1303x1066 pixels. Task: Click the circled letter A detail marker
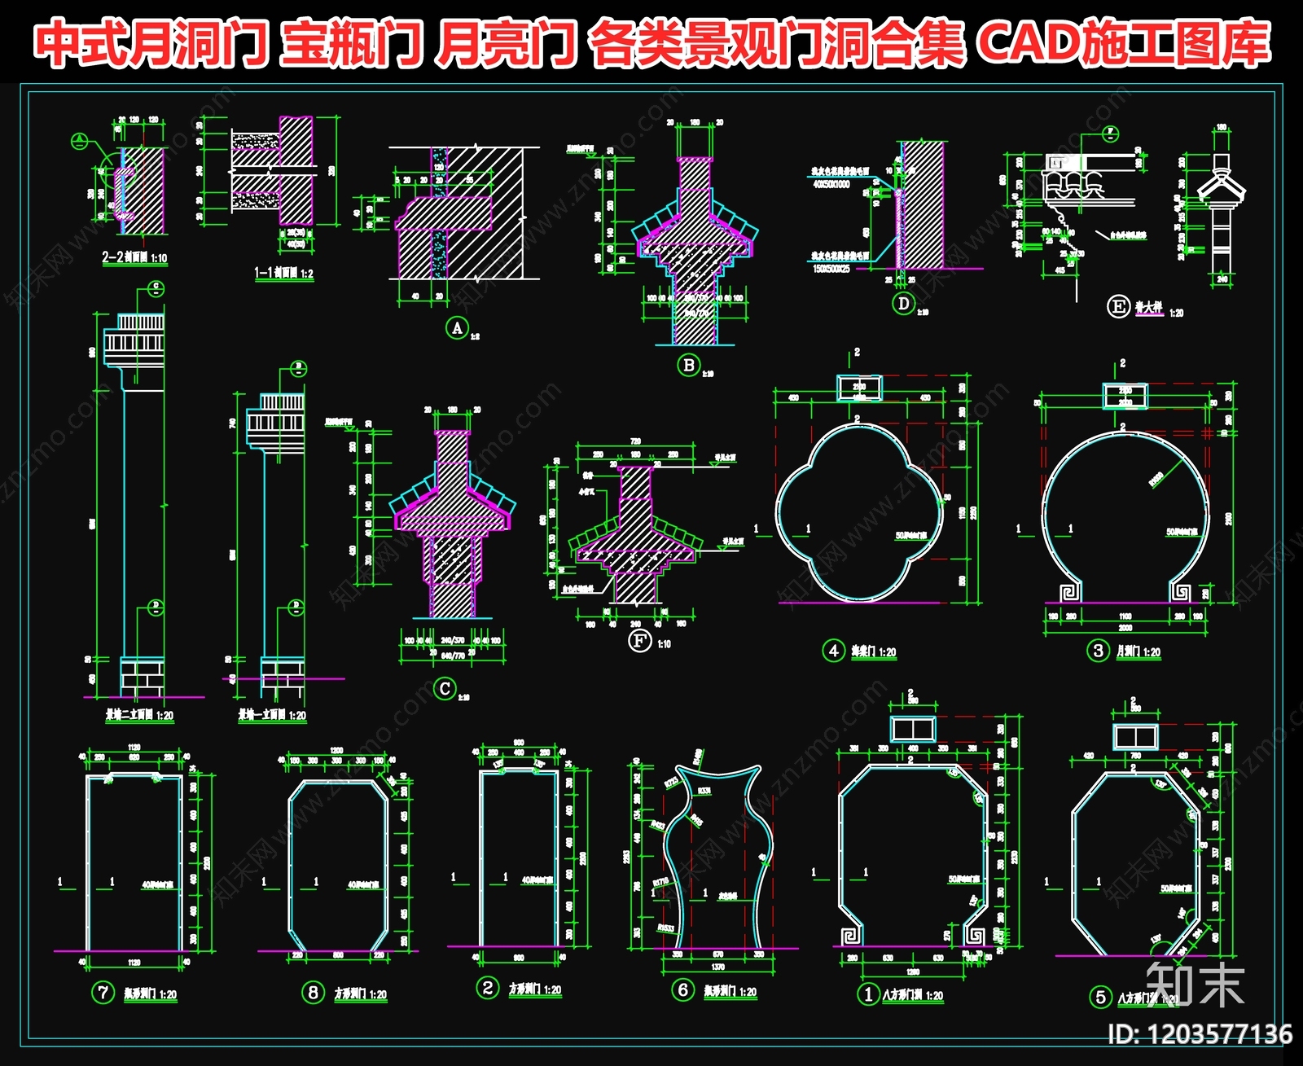[457, 328]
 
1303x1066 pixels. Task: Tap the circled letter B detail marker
[689, 365]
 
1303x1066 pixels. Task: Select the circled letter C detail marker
[445, 689]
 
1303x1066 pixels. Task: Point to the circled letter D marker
[903, 304]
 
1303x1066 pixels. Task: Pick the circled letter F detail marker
[640, 641]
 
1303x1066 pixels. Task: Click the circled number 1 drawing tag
[868, 994]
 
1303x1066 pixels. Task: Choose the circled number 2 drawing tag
[487, 989]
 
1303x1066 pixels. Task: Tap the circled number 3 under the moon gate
[1099, 651]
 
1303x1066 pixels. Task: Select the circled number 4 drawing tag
[833, 651]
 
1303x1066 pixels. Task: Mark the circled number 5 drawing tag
[1100, 997]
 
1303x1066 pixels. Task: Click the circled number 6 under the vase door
[682, 990]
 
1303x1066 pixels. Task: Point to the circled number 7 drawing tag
[103, 993]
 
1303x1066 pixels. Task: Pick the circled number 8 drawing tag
[313, 993]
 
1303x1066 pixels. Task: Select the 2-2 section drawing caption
[134, 258]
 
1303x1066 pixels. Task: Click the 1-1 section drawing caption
[283, 273]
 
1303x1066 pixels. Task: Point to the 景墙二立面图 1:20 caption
[139, 715]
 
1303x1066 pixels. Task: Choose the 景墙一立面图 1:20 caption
[272, 715]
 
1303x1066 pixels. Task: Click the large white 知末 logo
[1195, 985]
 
